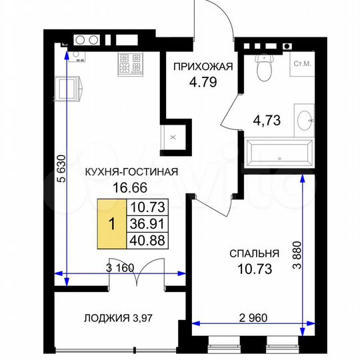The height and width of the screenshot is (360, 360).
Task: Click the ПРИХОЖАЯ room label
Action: [203, 66]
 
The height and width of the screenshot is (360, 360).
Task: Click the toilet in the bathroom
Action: [265, 67]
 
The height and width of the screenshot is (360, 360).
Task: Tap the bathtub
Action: [279, 151]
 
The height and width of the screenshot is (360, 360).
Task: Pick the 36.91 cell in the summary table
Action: [149, 224]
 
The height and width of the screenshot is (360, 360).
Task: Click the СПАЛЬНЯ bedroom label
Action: [253, 254]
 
